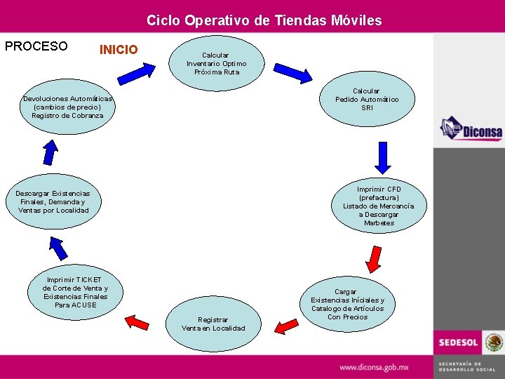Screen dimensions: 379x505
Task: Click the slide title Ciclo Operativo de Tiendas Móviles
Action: tap(264, 20)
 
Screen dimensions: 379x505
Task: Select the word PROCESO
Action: tap(36, 47)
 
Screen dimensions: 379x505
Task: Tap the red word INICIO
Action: tap(119, 50)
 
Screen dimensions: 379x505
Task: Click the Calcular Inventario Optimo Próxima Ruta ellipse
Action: tap(216, 64)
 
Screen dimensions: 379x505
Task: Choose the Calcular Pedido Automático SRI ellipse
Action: tap(367, 100)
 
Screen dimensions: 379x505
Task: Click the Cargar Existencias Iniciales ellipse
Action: tap(347, 303)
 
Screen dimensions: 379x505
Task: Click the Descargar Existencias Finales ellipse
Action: tap(53, 201)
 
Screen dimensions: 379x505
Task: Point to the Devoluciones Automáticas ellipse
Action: tap(67, 107)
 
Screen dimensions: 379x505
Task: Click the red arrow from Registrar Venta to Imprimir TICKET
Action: tap(137, 322)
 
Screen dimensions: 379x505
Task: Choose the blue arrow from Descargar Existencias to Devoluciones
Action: tap(50, 150)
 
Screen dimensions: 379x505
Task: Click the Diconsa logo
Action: tap(470, 129)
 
